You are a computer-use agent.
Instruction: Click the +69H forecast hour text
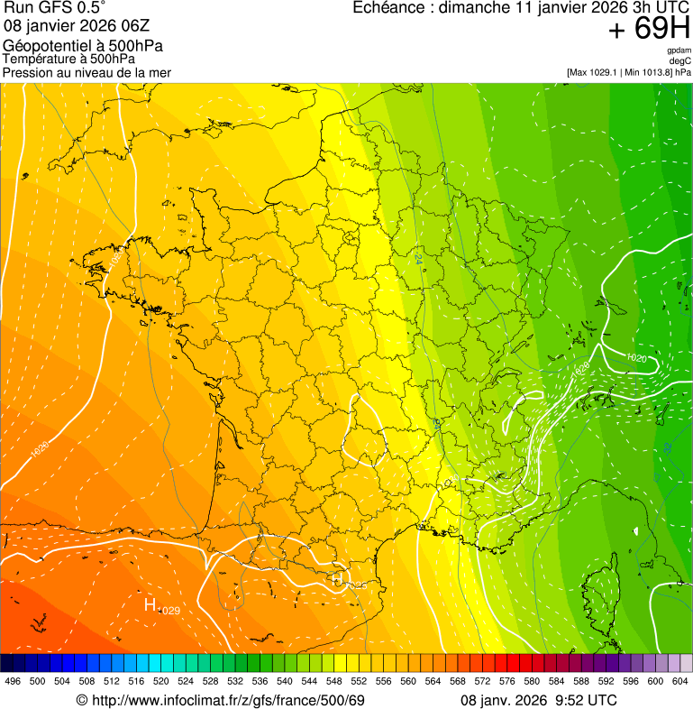click(649, 30)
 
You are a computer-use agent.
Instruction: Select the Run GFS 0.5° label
click(54, 8)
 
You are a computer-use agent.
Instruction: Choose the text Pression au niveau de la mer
click(87, 72)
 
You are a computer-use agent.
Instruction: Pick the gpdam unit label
click(679, 51)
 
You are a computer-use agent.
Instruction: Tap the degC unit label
click(680, 60)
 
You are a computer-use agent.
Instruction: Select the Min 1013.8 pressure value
click(647, 72)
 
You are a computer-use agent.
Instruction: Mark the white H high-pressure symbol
click(150, 604)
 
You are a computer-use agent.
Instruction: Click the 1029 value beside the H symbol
click(169, 611)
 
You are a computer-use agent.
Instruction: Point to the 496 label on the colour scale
click(13, 681)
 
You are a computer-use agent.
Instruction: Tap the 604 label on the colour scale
click(680, 681)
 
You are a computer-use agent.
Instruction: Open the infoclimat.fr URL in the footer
click(221, 700)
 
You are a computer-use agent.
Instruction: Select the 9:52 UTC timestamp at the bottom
click(586, 700)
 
